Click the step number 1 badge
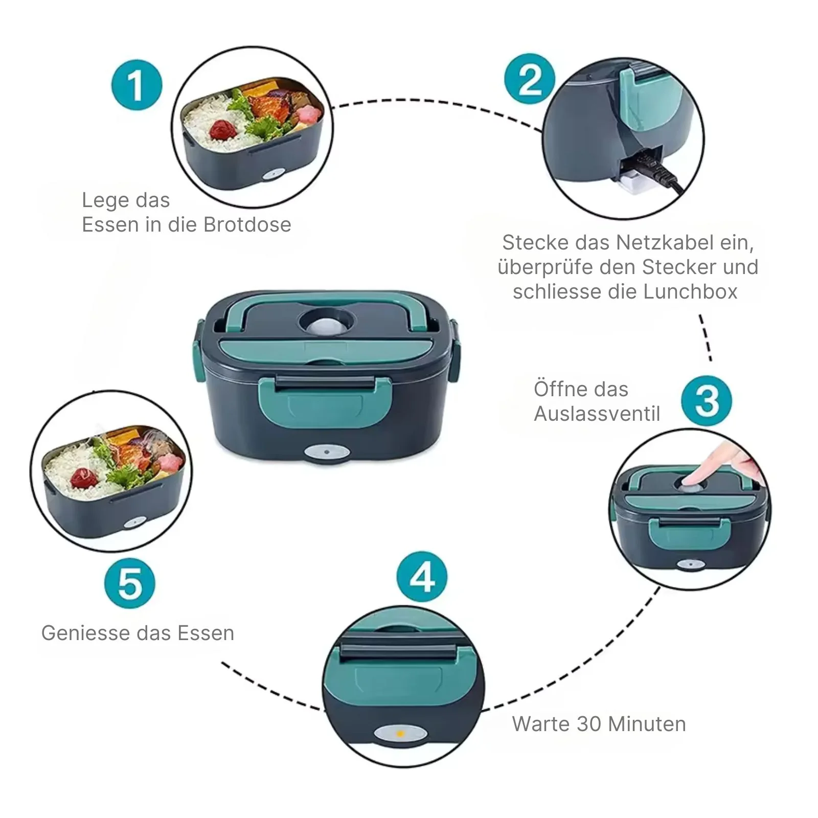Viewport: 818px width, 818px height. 137,85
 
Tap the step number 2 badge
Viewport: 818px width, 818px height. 530,79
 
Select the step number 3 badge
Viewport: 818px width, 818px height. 707,400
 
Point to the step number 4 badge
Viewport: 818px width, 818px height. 422,577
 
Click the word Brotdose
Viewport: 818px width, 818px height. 247,224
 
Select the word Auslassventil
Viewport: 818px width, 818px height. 597,414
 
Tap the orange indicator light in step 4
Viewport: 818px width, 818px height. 400,734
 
